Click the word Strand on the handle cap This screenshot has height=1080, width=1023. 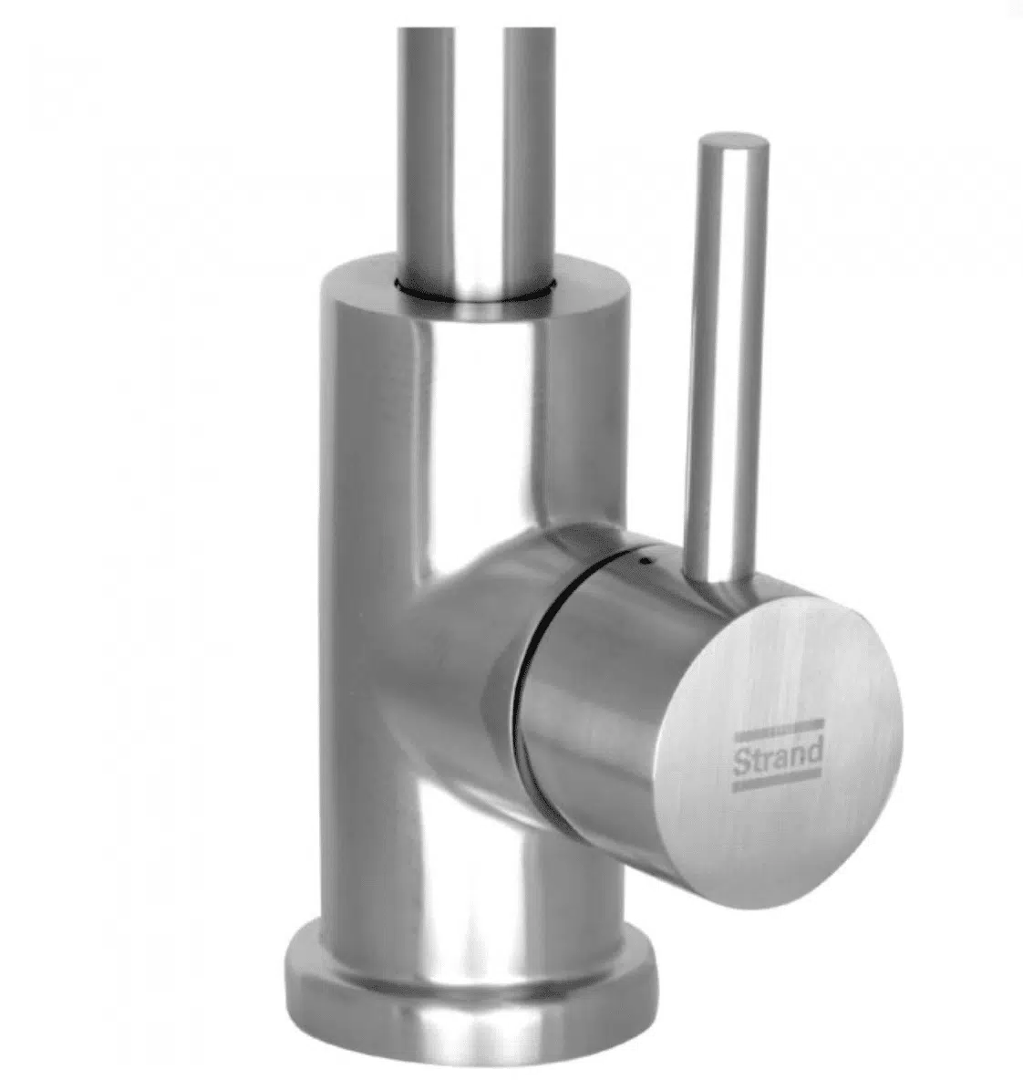[x=777, y=755]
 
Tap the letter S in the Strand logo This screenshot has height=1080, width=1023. [x=740, y=761]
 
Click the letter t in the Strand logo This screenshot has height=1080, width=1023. [x=754, y=760]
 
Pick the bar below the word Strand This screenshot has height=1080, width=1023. [x=778, y=783]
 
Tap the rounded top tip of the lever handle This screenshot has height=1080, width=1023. [x=734, y=141]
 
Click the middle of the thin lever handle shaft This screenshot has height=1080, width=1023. [x=727, y=358]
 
